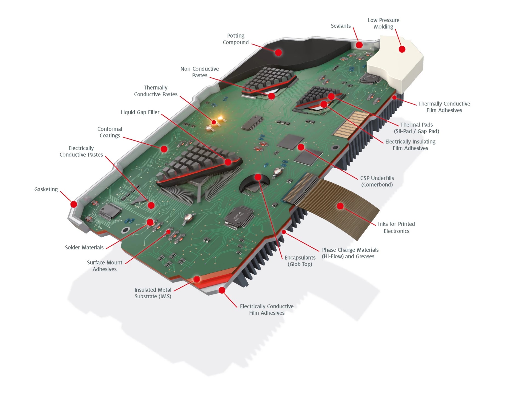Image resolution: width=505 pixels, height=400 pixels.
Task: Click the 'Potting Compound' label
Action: [x=236, y=39]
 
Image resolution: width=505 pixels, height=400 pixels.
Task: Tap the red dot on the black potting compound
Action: [x=278, y=52]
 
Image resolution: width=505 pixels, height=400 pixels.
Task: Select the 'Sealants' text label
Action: [x=341, y=26]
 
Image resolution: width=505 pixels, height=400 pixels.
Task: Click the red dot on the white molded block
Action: [x=402, y=49]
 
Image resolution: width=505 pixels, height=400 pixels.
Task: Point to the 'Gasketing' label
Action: [x=46, y=189]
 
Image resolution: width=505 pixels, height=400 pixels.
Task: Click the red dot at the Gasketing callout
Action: [x=74, y=204]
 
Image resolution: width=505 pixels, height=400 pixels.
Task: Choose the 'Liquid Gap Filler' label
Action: [x=140, y=112]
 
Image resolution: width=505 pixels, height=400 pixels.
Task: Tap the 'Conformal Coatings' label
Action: [x=110, y=132]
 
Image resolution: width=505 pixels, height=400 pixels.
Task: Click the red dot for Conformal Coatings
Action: [x=164, y=149]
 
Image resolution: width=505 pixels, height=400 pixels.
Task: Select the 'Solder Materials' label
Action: [x=84, y=247]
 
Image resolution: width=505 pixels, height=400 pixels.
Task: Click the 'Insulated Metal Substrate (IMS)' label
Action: [x=153, y=293]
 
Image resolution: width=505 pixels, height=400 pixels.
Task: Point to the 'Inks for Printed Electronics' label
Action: [x=396, y=228]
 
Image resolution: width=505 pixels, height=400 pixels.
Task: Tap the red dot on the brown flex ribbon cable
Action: [x=340, y=206]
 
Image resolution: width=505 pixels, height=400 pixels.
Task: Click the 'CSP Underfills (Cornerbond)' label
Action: [x=377, y=181]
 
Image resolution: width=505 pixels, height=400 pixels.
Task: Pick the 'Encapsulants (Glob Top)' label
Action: [x=300, y=261]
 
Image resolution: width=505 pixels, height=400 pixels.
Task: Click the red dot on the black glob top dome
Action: [x=258, y=177]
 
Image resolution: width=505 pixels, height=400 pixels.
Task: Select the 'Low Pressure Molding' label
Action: [x=383, y=23]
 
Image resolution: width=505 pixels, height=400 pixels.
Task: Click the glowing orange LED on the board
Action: [x=221, y=119]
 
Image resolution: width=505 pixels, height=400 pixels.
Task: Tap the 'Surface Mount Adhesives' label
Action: [x=105, y=266]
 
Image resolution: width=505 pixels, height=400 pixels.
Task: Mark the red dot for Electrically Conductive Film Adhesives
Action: [x=222, y=290]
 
